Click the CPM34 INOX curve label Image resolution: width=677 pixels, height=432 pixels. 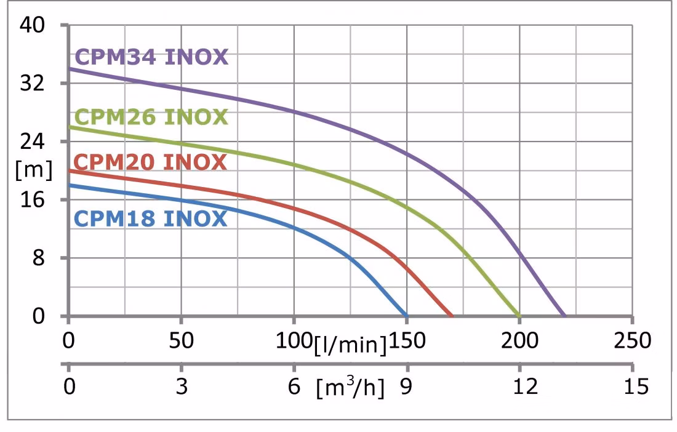pos(151,57)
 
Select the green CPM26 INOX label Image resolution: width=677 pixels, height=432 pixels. pos(151,116)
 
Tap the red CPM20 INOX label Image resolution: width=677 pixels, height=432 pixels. pos(151,162)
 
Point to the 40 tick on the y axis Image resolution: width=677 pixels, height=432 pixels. pos(33,26)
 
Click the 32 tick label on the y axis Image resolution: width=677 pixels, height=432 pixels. pos(33,84)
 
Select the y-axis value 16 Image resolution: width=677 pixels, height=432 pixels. pos(33,200)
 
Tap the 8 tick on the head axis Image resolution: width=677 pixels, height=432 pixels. pos(39,258)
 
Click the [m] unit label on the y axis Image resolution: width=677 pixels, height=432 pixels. pos(34,170)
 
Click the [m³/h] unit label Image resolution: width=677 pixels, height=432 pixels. pos(350,388)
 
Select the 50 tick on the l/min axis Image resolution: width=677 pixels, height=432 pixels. pos(182,340)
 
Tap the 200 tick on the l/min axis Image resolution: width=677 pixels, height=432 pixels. pos(519,340)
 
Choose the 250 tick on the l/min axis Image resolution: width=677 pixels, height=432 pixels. pos(632,340)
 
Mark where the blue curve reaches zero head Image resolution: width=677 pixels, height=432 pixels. pos(406,316)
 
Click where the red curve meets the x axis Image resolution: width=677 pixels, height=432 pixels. pos(452,316)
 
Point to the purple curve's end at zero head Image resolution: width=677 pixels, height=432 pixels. pos(564,316)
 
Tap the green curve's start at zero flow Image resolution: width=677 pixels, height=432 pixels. pos(69,127)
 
